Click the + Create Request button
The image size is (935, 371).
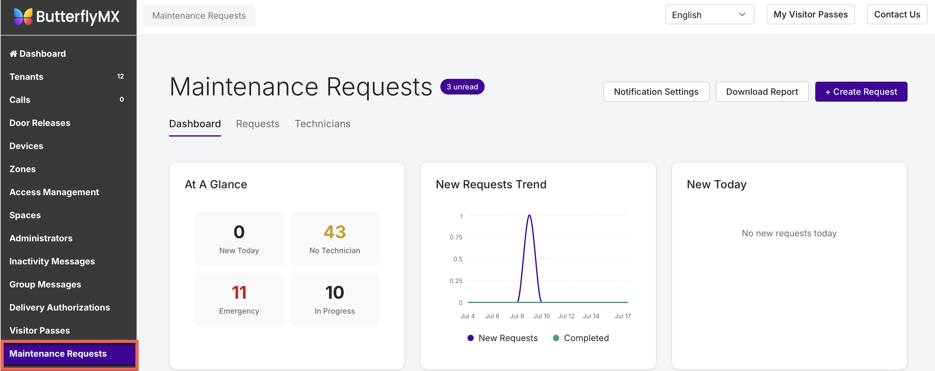coord(861,92)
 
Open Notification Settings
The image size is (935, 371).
coord(656,92)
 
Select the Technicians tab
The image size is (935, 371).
coord(322,124)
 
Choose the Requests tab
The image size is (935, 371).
coord(257,124)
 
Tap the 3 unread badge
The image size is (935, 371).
coord(462,87)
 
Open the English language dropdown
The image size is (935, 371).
coord(709,15)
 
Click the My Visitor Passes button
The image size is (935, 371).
coord(811,15)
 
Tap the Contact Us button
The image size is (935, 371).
coord(897,15)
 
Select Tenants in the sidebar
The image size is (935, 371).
coord(26,77)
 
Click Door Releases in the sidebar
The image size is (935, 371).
coord(40,123)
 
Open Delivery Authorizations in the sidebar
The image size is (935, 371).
coord(60,307)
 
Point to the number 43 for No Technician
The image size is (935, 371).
coord(335,232)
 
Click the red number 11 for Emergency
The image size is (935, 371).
coord(239,292)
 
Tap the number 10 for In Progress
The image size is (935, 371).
coord(335,292)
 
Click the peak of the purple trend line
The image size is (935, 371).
coord(530,215)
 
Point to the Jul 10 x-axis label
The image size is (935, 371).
coord(541,316)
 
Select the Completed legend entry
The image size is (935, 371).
coord(581,338)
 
